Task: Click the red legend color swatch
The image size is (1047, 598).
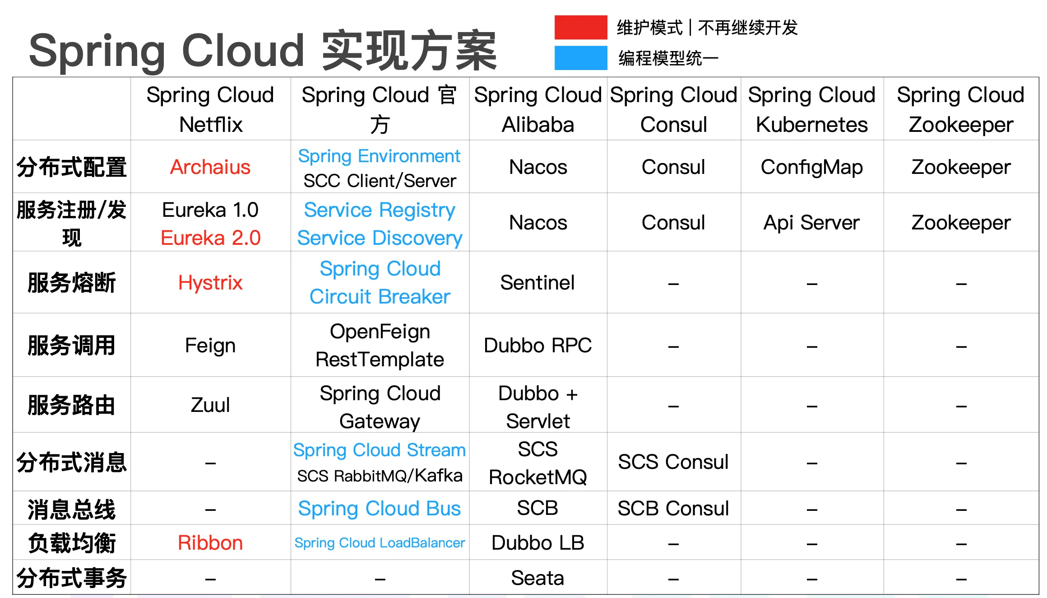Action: [x=580, y=28]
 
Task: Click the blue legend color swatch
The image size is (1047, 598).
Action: [x=580, y=58]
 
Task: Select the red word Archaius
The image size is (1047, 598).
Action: [x=210, y=167]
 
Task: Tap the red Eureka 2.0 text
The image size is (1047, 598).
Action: [x=210, y=238]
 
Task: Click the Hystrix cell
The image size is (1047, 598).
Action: [x=210, y=283]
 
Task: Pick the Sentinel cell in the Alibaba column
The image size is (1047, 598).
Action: [x=537, y=283]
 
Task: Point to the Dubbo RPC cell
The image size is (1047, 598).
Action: [x=537, y=346]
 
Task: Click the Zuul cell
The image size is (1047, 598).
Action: [x=210, y=405]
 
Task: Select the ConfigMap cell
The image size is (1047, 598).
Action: [x=811, y=167]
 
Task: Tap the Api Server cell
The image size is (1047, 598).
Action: [x=811, y=223]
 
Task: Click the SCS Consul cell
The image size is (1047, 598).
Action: [x=673, y=462]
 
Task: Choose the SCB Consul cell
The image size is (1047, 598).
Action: [x=673, y=509]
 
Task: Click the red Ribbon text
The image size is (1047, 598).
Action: [x=210, y=543]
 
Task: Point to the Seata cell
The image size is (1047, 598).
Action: [x=537, y=578]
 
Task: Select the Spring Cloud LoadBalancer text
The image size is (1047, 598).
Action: [x=380, y=543]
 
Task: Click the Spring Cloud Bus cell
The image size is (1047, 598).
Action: [x=380, y=509]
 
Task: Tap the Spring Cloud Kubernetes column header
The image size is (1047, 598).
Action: [x=811, y=110]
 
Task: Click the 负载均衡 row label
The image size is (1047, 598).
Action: [x=72, y=543]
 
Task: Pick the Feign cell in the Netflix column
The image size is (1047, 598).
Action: [x=210, y=346]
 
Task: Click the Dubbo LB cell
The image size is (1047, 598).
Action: [x=537, y=543]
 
